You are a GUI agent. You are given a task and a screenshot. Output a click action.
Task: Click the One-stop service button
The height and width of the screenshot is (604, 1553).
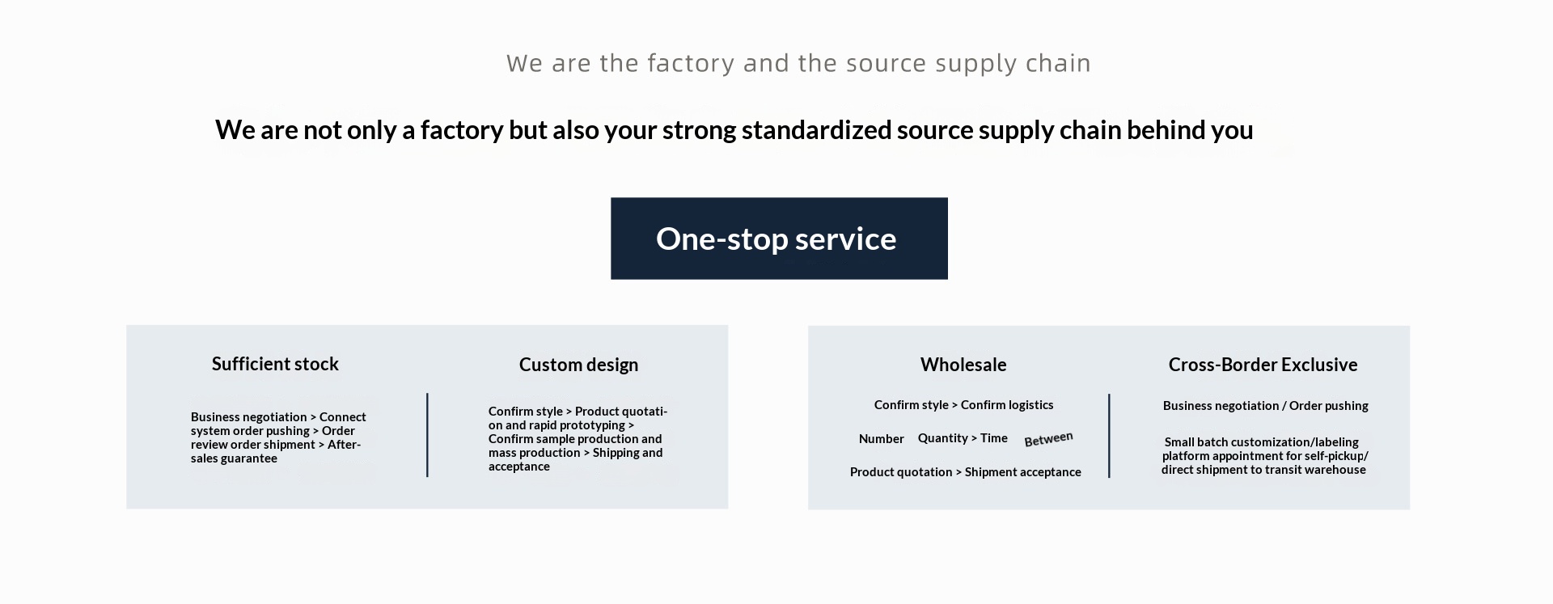[779, 239]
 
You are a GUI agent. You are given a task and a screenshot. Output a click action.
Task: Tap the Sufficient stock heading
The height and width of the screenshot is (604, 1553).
[275, 364]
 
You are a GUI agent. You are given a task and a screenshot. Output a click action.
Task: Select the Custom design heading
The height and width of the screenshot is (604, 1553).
[578, 365]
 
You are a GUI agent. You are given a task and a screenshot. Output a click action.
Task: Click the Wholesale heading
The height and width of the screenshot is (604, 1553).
[963, 365]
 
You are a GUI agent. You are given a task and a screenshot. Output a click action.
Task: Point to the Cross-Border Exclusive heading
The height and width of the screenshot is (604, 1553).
[1263, 365]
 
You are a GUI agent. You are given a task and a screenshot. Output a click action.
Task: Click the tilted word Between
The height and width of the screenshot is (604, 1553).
[1048, 439]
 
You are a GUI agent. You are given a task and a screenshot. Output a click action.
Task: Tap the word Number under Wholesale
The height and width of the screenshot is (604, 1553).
[881, 439]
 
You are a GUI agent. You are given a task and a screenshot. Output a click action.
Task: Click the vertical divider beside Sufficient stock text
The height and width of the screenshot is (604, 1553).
[427, 435]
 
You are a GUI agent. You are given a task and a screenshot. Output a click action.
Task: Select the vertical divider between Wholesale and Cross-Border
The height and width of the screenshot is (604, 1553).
[1109, 436]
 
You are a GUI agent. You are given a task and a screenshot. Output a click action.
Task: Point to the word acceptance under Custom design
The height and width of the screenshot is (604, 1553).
[519, 467]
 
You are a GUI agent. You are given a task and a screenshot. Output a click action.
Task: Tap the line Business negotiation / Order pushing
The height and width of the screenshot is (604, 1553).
[1265, 406]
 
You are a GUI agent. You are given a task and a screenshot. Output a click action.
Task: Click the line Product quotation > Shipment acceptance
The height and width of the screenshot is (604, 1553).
[965, 472]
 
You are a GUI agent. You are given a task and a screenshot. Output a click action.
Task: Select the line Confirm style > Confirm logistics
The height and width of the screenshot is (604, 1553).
[963, 405]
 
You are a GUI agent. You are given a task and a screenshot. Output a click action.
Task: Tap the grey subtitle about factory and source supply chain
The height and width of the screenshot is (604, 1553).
[798, 63]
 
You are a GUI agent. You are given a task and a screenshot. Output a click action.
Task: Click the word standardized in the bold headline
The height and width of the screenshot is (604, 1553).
[816, 130]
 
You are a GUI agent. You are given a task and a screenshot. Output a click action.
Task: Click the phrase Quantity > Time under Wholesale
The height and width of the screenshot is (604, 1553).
[963, 438]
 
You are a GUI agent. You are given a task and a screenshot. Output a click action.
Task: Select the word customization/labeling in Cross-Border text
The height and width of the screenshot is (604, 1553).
[1295, 442]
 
